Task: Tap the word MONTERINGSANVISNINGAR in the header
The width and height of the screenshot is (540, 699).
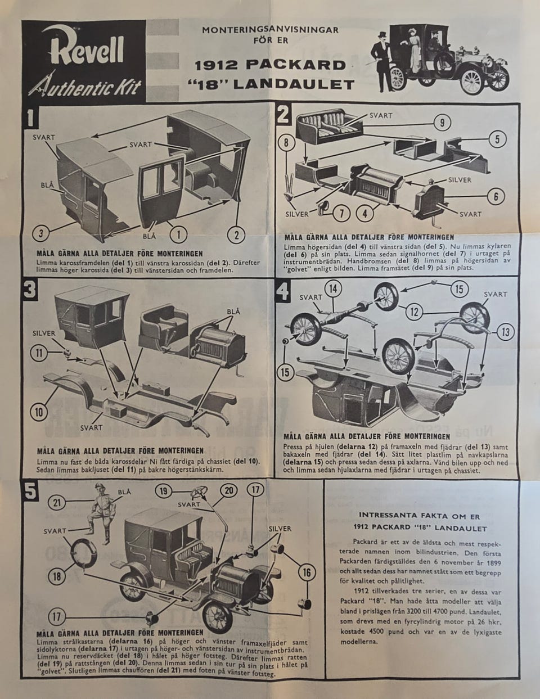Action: [270, 30]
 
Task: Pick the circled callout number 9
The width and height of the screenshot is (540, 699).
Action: [442, 123]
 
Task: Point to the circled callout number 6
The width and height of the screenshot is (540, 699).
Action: [496, 196]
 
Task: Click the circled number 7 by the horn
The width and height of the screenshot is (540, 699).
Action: [342, 213]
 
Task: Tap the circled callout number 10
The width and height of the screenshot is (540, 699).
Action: [39, 412]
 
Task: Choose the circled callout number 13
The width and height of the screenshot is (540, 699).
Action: [506, 332]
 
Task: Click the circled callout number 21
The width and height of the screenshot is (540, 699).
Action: [57, 502]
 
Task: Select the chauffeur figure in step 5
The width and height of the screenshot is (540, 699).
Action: [100, 512]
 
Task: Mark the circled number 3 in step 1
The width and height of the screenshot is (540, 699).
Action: [41, 233]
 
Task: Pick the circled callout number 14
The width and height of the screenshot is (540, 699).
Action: [333, 289]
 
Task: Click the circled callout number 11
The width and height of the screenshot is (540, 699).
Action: [39, 353]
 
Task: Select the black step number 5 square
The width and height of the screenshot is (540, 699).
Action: [30, 491]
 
